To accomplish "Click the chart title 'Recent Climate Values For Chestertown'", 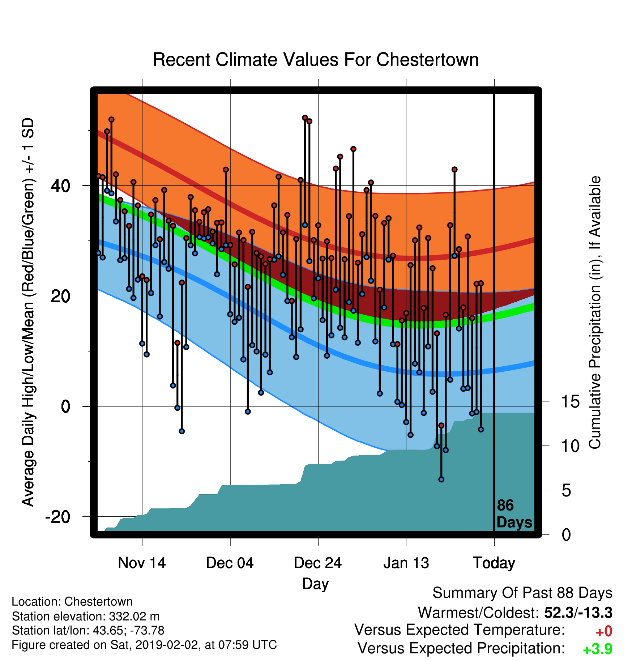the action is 316,60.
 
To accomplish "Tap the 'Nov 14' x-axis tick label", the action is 142,563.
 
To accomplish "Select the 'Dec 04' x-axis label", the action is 230,563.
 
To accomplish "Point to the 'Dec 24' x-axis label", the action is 318,563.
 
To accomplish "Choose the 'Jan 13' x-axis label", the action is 406,563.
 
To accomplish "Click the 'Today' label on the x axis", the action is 494,563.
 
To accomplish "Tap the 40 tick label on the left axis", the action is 61,186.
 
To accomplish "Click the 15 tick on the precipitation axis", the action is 571,401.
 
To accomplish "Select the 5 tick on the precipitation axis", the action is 566,491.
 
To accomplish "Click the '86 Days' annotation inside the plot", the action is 514,514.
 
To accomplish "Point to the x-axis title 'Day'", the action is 316,584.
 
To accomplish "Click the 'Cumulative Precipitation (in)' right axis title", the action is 595,313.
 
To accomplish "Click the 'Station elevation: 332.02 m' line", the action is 86,616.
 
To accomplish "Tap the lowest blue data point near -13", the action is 441,479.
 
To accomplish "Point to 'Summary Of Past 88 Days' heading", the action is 522,593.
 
